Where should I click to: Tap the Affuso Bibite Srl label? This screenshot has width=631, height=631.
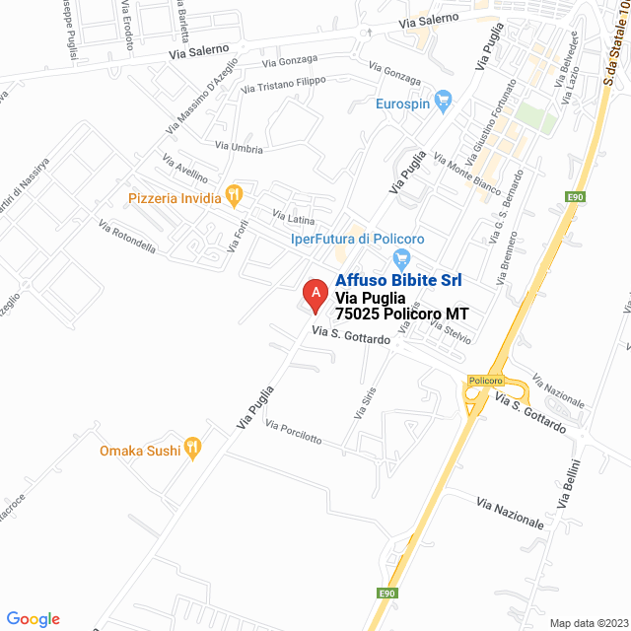(x=398, y=280)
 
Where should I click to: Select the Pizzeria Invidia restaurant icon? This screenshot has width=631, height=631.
(x=234, y=196)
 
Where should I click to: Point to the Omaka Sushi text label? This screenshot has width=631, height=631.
(x=140, y=451)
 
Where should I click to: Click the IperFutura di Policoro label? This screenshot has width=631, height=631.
(x=357, y=239)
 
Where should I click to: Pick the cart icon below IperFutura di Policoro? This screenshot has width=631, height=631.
(x=400, y=258)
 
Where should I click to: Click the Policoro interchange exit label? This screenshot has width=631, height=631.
(x=485, y=381)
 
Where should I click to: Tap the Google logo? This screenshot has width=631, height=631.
(x=33, y=619)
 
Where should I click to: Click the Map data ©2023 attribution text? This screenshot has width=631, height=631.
(x=588, y=623)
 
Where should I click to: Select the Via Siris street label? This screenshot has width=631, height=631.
(x=364, y=404)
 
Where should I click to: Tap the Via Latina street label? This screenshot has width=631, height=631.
(x=294, y=218)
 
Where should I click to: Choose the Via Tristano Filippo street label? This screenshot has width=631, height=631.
(x=283, y=85)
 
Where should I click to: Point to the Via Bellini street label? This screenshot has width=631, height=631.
(x=569, y=483)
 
